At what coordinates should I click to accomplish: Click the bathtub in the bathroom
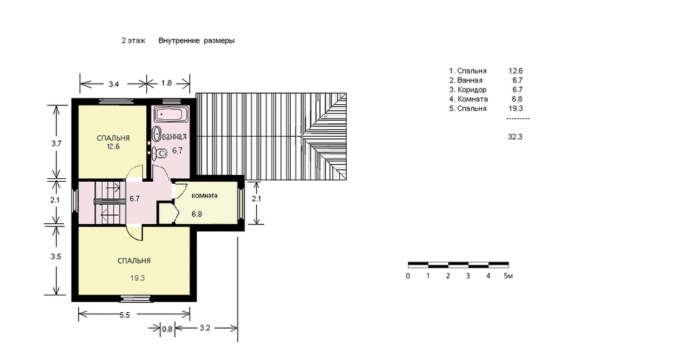171,114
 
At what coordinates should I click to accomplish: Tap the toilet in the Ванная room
161,153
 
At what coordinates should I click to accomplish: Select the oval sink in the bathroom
156,134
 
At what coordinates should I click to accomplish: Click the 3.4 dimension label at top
113,84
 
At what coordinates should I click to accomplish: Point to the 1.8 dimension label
166,82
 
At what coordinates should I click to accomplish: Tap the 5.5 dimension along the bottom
125,315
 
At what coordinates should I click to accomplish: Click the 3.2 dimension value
205,328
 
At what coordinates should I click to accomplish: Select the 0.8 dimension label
167,329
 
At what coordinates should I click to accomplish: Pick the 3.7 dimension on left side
56,144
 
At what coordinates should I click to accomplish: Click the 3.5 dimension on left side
56,257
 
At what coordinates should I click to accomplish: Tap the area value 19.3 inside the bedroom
138,278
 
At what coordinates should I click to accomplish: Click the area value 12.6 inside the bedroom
113,147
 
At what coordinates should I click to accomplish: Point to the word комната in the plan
204,195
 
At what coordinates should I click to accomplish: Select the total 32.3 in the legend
515,137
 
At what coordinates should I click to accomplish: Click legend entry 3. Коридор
468,90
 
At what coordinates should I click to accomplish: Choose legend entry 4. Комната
469,99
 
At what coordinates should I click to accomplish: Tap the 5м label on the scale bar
508,276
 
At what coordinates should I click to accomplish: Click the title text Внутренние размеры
196,41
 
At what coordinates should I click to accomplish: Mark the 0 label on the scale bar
408,276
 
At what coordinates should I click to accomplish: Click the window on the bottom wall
136,298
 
